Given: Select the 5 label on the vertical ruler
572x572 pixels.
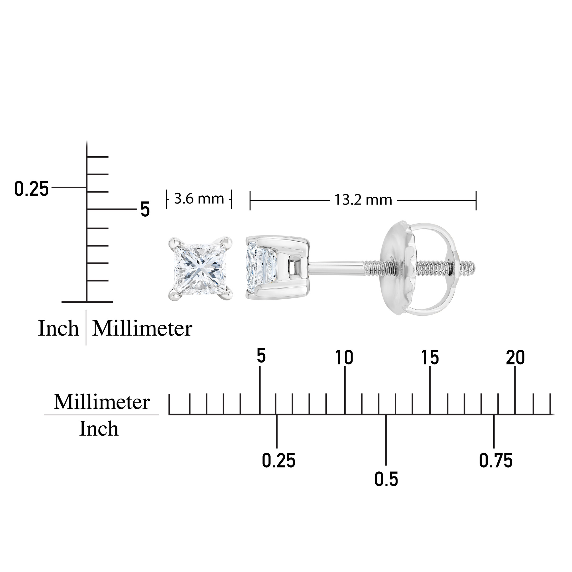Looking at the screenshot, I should [x=145, y=210].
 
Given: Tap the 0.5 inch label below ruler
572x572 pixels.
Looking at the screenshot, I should [x=386, y=479].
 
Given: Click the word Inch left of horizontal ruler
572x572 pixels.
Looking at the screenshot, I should [x=99, y=429].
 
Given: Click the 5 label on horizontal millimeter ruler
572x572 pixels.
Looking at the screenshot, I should [x=261, y=356].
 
